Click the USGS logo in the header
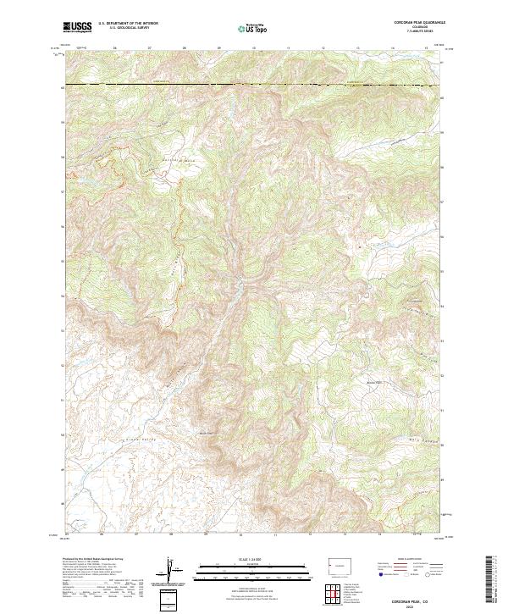point(78,28)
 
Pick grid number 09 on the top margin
point(219,47)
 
